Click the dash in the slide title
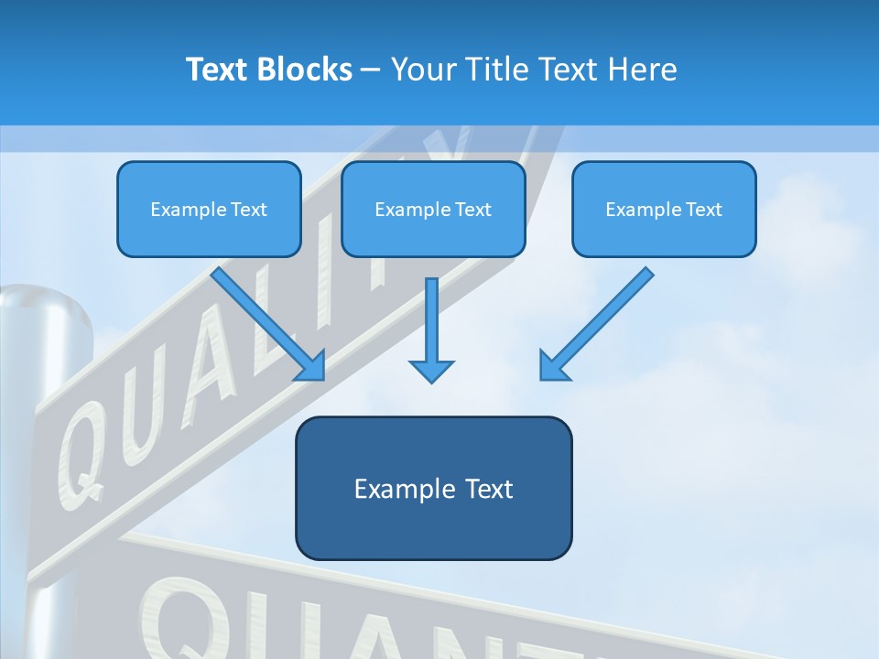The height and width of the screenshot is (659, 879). [x=371, y=70]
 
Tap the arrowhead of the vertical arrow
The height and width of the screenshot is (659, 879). [x=431, y=371]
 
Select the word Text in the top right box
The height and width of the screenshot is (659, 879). [x=704, y=210]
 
